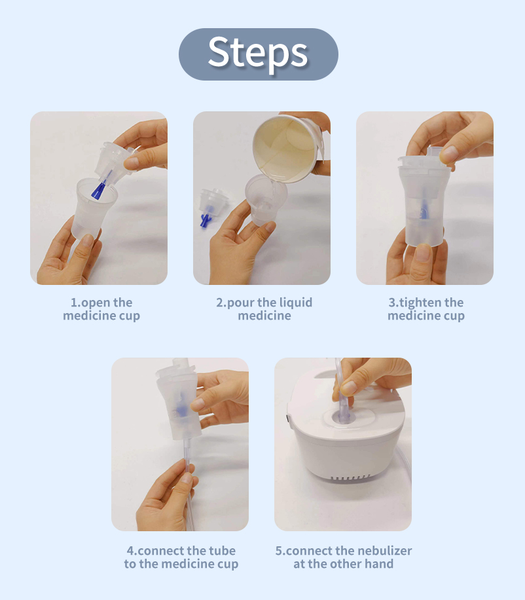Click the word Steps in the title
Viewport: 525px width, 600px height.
coord(258,53)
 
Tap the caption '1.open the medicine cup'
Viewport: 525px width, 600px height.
coord(101,309)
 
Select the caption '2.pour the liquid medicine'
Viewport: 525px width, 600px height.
coord(264,309)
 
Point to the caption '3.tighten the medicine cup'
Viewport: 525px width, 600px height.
coord(426,309)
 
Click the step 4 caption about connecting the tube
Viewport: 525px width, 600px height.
coord(181,557)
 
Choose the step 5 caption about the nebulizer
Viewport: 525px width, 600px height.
coord(344,557)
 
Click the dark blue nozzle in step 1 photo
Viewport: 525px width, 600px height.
coord(98,190)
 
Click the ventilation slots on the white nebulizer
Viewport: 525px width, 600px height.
coord(351,478)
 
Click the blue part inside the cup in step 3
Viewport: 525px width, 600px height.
coord(424,212)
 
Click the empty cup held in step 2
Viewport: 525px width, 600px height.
coord(264,200)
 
